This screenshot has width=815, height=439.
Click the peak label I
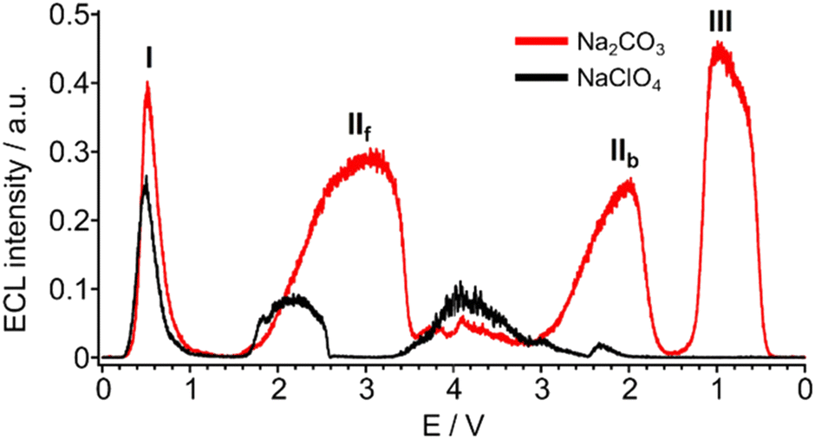pos(149,58)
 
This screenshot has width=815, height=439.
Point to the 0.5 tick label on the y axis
pos(73,16)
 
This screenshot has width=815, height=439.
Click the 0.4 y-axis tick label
pos(73,84)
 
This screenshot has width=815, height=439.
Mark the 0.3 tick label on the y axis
pos(73,152)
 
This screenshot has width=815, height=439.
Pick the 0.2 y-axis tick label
pos(73,221)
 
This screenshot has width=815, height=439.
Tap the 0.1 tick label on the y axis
pos(73,289)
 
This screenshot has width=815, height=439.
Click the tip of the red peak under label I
pos(148,82)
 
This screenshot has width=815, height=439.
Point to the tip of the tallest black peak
pos(147,178)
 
